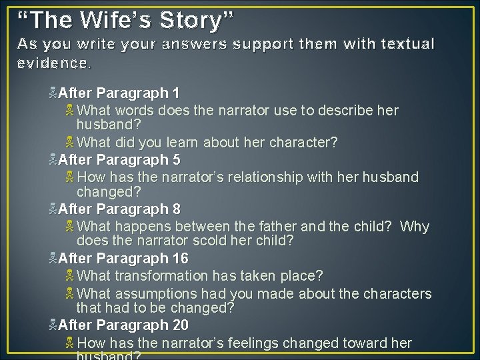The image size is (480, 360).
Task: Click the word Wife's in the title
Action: click(117, 20)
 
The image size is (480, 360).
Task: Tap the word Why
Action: click(415, 227)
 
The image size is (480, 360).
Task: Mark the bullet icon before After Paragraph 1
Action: click(53, 93)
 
